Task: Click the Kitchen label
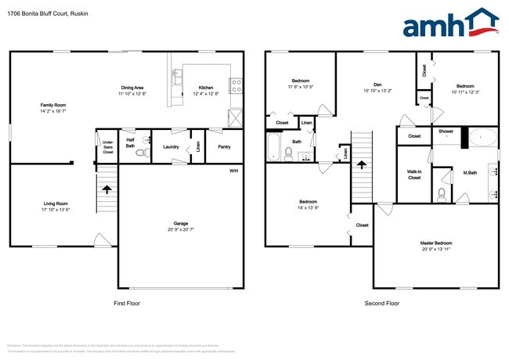click(206, 88)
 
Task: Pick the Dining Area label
click(132, 88)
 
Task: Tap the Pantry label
click(224, 146)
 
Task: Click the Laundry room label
click(172, 146)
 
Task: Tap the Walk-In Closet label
click(414, 175)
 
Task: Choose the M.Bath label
click(471, 173)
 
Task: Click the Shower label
click(446, 131)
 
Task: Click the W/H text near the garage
click(233, 171)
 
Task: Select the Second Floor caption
click(381, 303)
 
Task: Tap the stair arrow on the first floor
click(108, 188)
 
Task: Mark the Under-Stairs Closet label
click(108, 146)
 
